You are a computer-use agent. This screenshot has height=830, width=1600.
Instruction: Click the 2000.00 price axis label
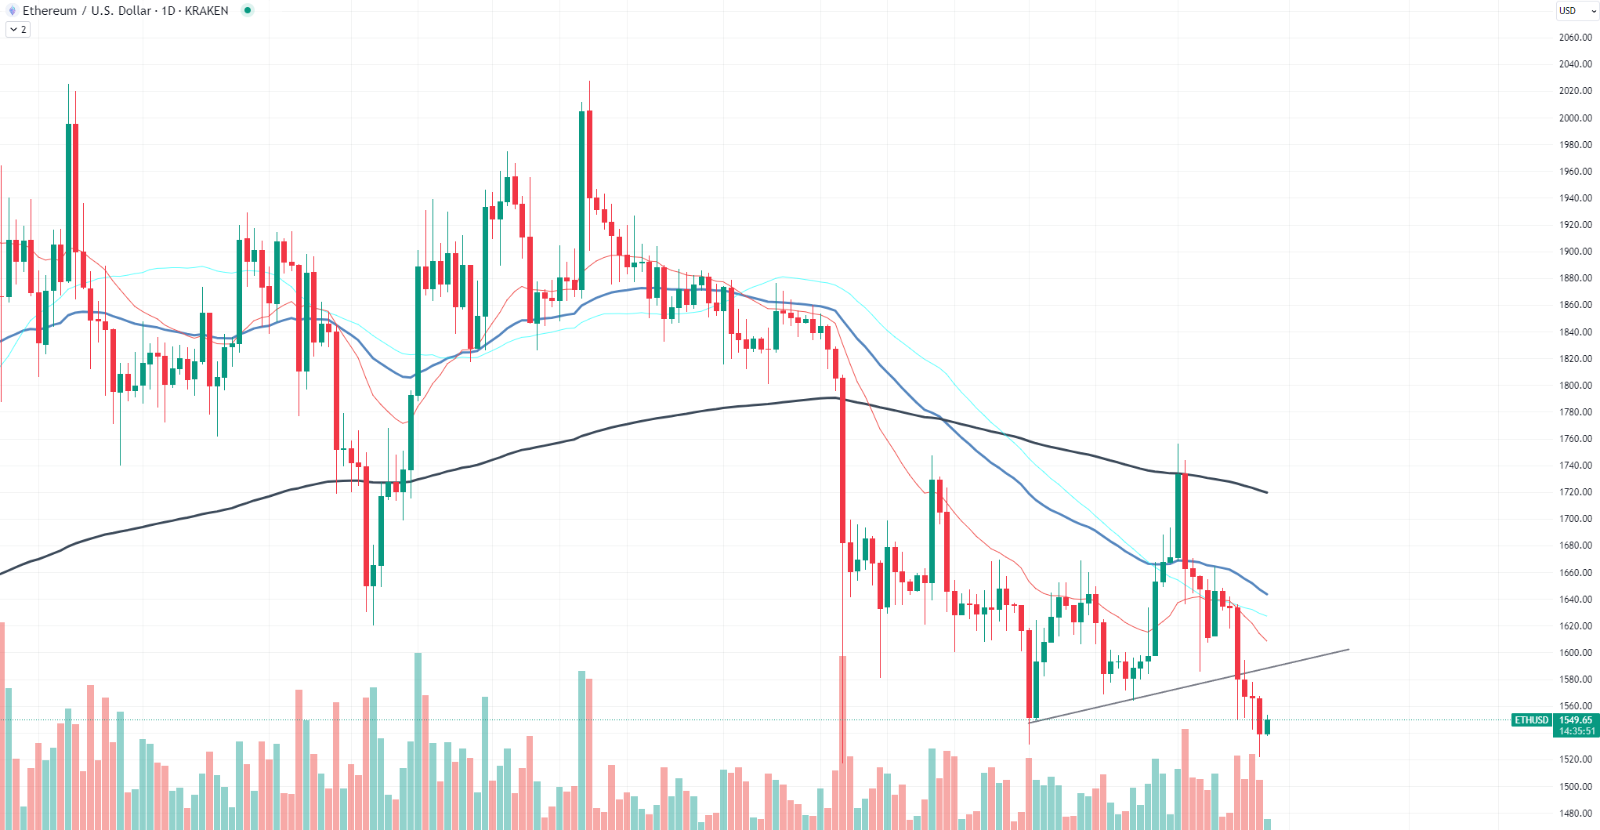coord(1575,118)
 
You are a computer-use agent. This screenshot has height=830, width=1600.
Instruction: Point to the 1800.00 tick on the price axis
coord(1575,385)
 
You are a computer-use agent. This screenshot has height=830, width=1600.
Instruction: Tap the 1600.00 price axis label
coord(1575,652)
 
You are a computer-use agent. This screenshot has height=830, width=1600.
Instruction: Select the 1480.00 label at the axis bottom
coord(1575,813)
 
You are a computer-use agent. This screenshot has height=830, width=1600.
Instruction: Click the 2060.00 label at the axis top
coord(1575,37)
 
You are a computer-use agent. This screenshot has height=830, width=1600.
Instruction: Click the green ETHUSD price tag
coord(1531,719)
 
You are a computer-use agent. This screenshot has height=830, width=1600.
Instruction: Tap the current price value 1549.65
coord(1575,719)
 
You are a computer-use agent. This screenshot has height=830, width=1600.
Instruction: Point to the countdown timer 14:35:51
coord(1575,731)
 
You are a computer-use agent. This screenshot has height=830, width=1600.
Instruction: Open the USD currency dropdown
coord(1576,10)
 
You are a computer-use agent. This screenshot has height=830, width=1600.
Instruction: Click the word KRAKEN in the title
coord(206,10)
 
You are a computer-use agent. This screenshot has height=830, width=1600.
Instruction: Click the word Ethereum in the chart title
coord(49,10)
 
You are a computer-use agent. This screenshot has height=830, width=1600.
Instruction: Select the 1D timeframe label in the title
coord(168,10)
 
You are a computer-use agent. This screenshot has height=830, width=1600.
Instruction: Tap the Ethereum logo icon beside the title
coord(12,10)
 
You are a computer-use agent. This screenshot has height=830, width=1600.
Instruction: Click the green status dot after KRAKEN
coord(248,10)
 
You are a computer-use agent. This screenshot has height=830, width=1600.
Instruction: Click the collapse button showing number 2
coord(18,29)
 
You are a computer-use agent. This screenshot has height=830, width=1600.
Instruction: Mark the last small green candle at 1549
coord(1267,727)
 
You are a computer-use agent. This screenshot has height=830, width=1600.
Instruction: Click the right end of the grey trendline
coord(1348,649)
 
